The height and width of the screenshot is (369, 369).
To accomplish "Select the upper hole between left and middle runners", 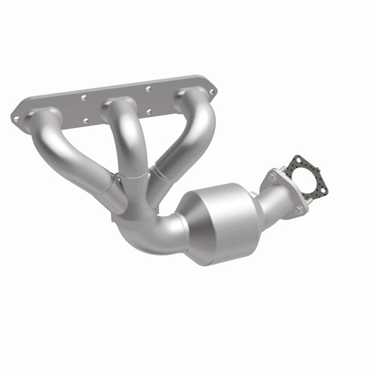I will click(84, 98).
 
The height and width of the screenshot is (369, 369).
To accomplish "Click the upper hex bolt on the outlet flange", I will click(272, 176).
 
